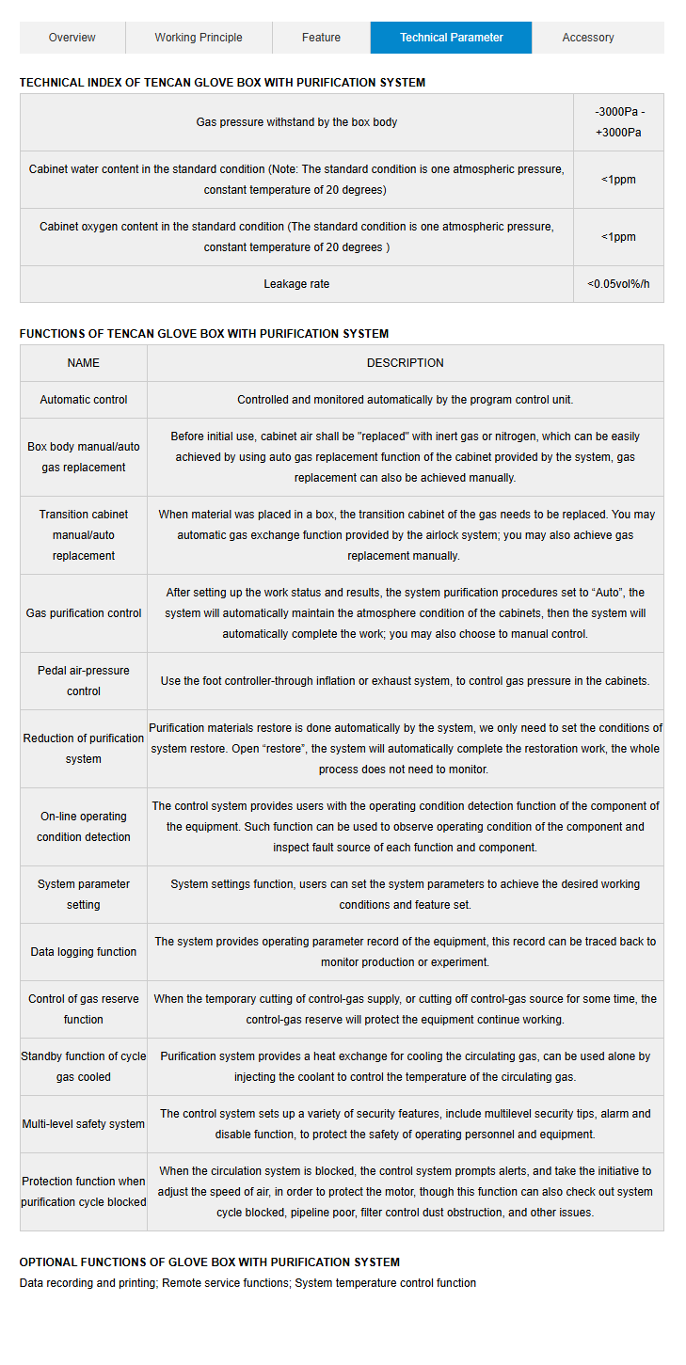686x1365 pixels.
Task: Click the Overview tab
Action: pos(72,38)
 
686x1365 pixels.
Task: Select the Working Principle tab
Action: pos(199,38)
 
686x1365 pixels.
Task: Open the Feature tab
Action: pos(321,38)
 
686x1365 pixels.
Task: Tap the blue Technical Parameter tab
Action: pos(451,38)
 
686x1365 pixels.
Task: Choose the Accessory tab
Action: pos(588,38)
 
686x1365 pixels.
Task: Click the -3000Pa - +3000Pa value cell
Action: pos(619,122)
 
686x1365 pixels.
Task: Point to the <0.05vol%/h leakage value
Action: pos(618,284)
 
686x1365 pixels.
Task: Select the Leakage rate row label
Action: pos(296,284)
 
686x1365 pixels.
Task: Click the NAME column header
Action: pos(83,363)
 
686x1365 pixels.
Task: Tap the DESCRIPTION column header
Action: pos(405,363)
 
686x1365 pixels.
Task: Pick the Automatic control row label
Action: pos(83,400)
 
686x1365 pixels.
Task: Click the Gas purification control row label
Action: pos(83,613)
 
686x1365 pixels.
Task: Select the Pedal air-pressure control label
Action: pos(83,681)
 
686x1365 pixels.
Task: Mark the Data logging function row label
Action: pos(83,952)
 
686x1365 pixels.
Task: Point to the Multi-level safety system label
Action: pos(83,1124)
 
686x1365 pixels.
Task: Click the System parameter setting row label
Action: pos(83,895)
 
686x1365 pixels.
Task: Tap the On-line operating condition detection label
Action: pos(83,827)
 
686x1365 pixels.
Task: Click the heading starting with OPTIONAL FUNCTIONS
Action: pos(209,1262)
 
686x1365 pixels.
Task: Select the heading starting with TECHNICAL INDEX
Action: pos(222,83)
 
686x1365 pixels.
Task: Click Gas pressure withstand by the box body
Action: pos(296,122)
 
